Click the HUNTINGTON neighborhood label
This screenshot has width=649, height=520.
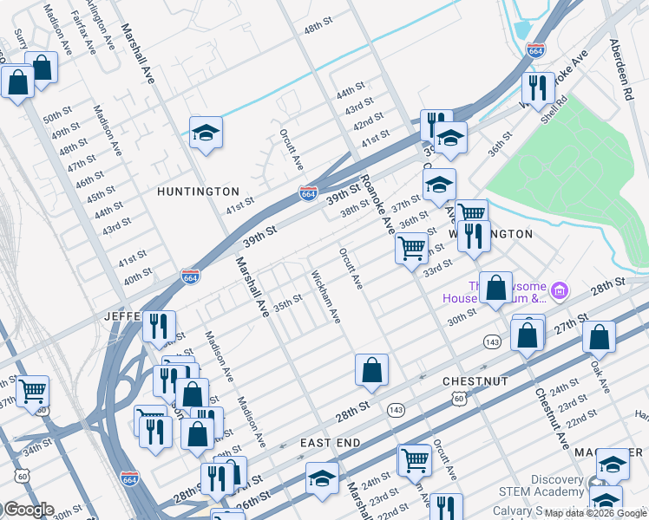pyautogui.click(x=198, y=192)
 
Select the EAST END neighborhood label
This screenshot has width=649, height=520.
pyautogui.click(x=330, y=443)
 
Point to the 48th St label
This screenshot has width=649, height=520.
pyautogui.click(x=318, y=29)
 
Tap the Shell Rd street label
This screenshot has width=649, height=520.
pyautogui.click(x=553, y=108)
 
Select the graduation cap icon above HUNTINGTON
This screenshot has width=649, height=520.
pyautogui.click(x=206, y=133)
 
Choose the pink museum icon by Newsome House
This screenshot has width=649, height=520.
pyautogui.click(x=560, y=289)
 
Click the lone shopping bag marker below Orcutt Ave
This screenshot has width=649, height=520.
pyautogui.click(x=371, y=370)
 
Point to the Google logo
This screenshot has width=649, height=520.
pyautogui.click(x=28, y=510)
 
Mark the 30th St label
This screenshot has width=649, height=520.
pyautogui.click(x=462, y=316)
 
